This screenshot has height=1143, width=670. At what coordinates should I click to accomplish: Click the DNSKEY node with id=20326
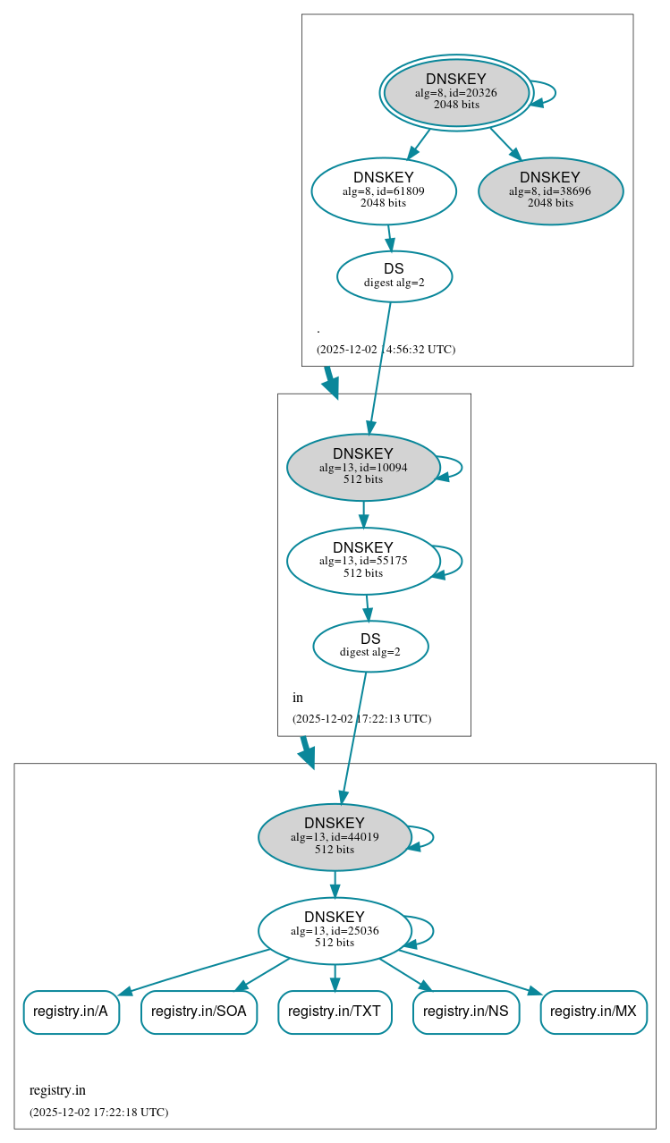[x=456, y=92]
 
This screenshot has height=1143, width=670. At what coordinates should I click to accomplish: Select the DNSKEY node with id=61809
[x=383, y=190]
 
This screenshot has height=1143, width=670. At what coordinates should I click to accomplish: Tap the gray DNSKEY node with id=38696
[x=550, y=190]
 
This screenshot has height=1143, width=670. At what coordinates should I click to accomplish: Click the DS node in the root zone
[x=394, y=275]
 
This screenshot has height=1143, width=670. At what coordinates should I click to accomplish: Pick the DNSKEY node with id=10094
[x=362, y=467]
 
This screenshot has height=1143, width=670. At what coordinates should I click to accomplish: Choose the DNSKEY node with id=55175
[x=362, y=561]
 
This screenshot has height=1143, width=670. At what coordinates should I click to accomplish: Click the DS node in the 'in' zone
[x=370, y=646]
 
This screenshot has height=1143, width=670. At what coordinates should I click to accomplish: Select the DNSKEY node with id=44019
[x=334, y=837]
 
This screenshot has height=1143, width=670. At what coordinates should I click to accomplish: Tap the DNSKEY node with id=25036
[x=334, y=930]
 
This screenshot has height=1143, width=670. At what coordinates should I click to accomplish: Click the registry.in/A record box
[x=71, y=1012]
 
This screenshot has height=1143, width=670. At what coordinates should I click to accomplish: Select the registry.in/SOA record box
[x=199, y=1012]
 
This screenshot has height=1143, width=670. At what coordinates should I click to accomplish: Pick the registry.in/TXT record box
[x=335, y=1012]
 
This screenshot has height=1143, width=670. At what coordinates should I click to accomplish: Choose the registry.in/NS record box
[x=465, y=1012]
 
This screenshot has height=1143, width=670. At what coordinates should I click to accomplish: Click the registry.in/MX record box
[x=593, y=1012]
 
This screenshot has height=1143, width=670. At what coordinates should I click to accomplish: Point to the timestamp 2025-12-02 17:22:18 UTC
[x=98, y=1113]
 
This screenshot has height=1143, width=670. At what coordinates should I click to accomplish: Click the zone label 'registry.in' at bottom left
[x=57, y=1090]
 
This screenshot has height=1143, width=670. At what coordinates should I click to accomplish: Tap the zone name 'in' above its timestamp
[x=298, y=698]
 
